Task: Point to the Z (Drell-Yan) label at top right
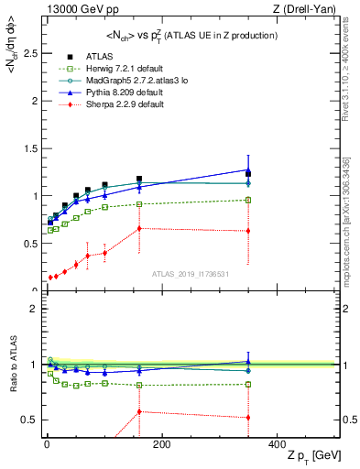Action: tap(307, 9)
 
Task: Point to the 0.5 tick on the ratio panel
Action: tap(29, 420)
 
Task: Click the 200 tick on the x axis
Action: tap(161, 444)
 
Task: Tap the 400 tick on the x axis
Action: tap(277, 444)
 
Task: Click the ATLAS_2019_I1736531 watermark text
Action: tap(190, 274)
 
